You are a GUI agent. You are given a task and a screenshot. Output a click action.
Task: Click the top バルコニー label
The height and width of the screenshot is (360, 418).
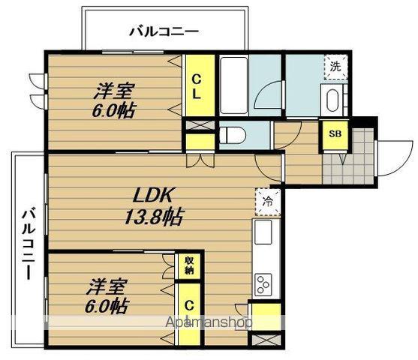pos(164,31)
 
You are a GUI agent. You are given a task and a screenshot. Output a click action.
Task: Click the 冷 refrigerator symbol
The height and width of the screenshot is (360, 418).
pos(268,200)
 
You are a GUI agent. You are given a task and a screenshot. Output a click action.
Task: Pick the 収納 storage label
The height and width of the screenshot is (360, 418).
pos(188,264)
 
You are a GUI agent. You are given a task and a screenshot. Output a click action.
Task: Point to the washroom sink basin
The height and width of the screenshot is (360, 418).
pos(332,98)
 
